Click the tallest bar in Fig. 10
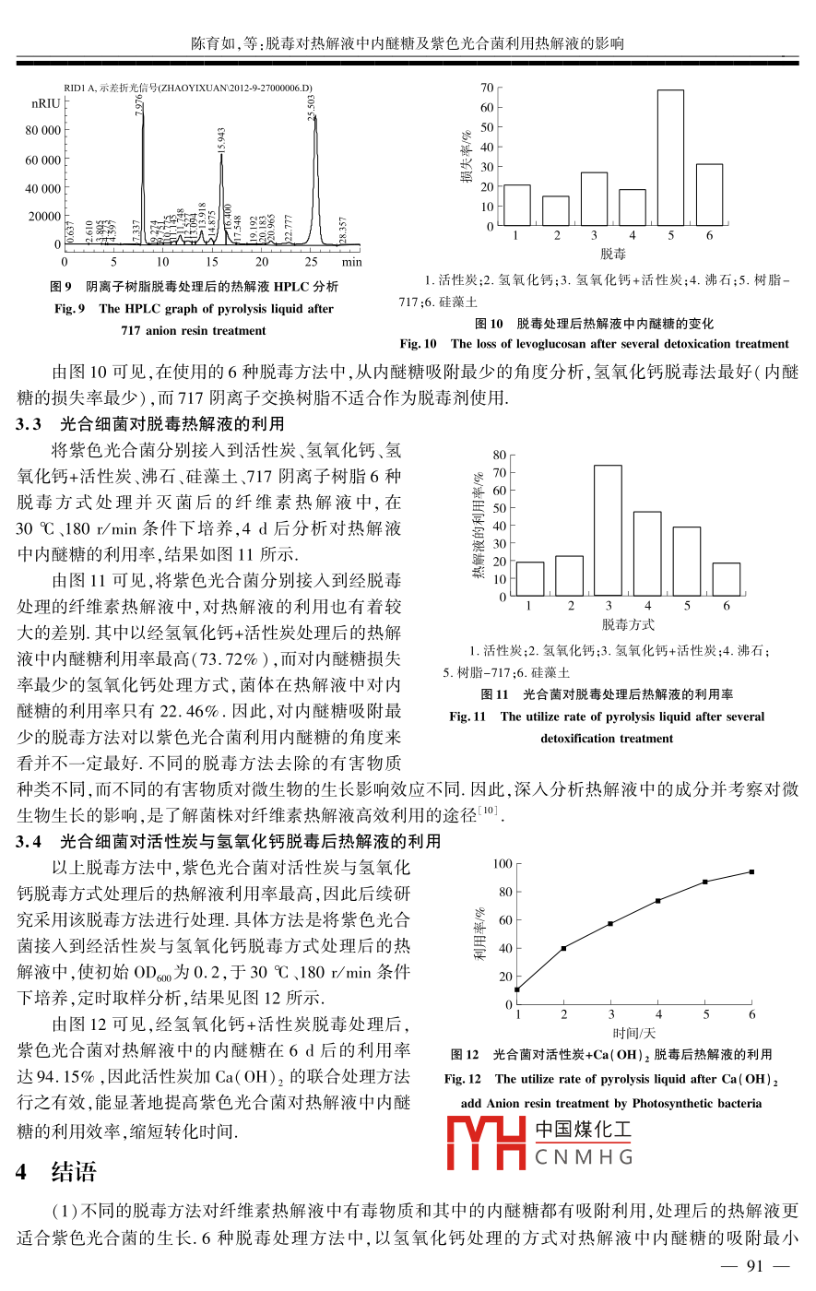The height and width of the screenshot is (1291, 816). (x=670, y=158)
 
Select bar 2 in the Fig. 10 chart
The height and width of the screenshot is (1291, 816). (x=555, y=211)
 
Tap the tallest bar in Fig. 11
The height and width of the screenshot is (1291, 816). (x=608, y=530)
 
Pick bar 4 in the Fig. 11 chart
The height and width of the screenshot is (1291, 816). (x=647, y=553)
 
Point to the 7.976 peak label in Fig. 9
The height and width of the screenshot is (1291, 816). (x=139, y=103)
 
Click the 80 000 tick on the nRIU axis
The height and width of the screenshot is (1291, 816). (x=43, y=131)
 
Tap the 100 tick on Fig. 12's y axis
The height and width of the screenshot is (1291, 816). (x=502, y=864)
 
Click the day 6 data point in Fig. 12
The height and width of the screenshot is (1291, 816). (x=751, y=871)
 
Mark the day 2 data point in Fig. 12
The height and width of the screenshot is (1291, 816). (x=563, y=948)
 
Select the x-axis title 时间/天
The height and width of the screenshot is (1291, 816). (x=634, y=1034)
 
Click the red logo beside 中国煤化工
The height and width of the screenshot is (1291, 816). (x=486, y=1142)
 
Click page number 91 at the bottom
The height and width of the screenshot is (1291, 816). (x=755, y=1265)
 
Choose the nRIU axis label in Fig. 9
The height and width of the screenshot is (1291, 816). (x=45, y=104)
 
